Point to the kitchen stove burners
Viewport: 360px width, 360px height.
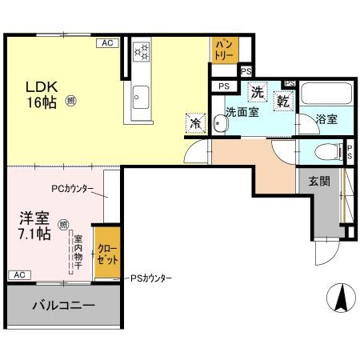(142, 51)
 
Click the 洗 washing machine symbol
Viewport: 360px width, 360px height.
(258, 92)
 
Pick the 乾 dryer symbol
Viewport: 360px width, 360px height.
(284, 102)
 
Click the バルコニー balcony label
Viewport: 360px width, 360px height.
(63, 306)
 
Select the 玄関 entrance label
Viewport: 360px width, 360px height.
(319, 181)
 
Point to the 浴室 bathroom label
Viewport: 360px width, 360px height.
(326, 119)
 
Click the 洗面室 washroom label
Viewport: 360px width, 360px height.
(242, 113)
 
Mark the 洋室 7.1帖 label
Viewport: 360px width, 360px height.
(36, 225)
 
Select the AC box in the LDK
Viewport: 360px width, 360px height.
(106, 43)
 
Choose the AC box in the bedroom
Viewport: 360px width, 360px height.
(18, 274)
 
